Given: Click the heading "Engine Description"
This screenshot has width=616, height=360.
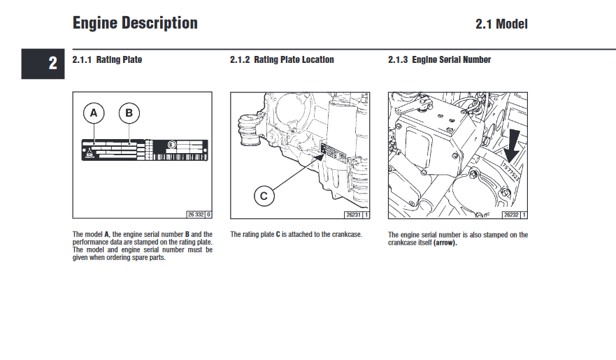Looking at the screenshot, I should (x=135, y=23).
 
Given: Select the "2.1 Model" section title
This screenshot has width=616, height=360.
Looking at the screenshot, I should (x=501, y=24).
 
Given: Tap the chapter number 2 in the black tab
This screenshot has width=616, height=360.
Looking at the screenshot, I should (x=52, y=64).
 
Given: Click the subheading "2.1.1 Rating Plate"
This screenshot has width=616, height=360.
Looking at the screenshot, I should (x=107, y=60).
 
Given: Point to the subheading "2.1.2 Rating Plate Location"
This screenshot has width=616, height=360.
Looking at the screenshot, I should (x=282, y=60).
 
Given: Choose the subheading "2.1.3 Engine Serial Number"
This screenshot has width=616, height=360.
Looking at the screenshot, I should (x=439, y=60).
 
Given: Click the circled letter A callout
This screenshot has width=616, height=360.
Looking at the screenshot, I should (x=94, y=113).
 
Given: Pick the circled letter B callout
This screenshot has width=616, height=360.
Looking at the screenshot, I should (x=129, y=113).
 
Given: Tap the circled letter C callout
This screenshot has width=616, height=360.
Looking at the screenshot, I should (x=264, y=196).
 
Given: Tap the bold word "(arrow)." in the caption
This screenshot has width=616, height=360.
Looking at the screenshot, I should (x=445, y=243).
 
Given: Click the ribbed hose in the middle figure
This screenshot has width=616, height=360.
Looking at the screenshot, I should (x=248, y=132).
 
